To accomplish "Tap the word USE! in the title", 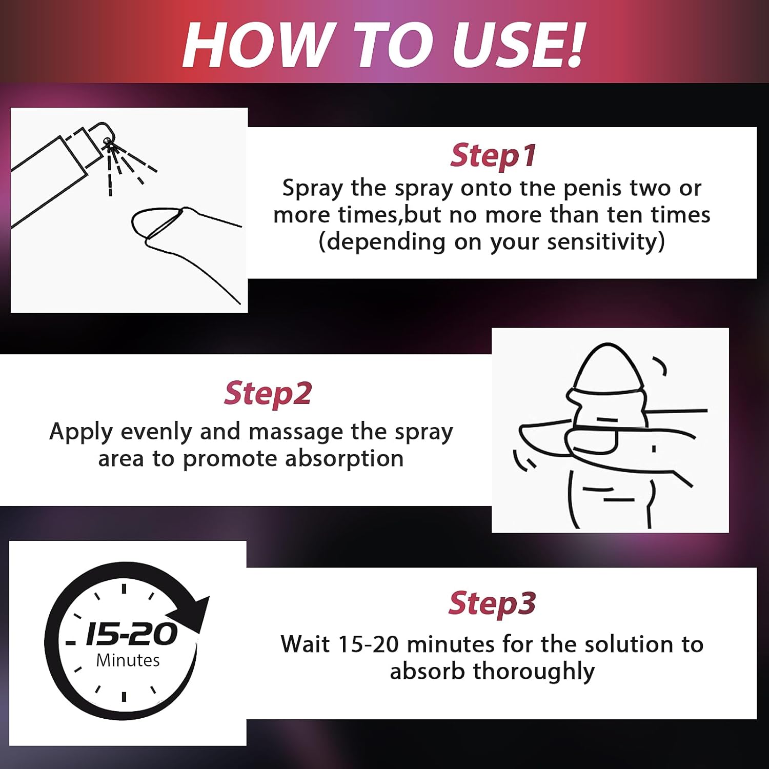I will [518, 45].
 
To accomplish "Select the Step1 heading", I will [493, 155].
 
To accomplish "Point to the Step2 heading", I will [268, 393].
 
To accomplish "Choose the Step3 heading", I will [492, 603].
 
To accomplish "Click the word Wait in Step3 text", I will [305, 644].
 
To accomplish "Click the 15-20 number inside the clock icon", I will [131, 634].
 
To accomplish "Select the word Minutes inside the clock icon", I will [128, 660].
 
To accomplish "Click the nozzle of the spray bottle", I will [107, 141].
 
